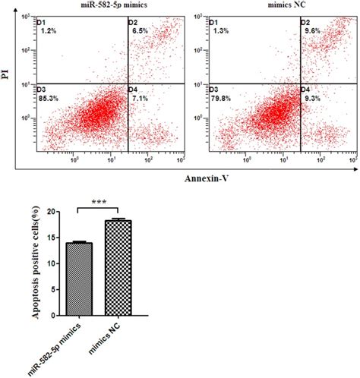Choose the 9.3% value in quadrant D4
click(x=310, y=99)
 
